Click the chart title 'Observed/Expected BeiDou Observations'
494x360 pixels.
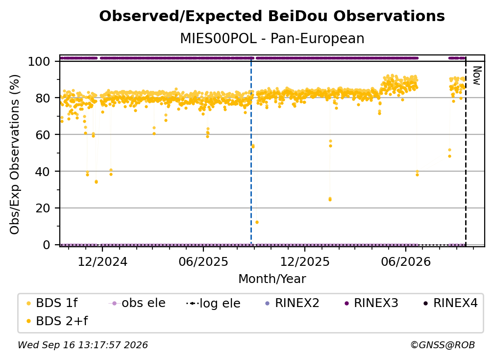[x=272, y=16]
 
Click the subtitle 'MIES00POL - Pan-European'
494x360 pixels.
[x=272, y=38]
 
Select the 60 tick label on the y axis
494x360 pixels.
[x=43, y=134]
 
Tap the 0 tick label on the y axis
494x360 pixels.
[x=47, y=245]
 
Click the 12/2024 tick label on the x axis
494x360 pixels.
[x=102, y=261]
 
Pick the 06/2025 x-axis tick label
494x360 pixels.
[x=203, y=261]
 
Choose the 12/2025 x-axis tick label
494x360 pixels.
[x=305, y=261]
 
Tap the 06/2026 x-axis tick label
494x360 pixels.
[x=406, y=261]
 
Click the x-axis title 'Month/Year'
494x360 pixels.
[x=272, y=279]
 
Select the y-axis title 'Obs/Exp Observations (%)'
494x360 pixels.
[x=15, y=154]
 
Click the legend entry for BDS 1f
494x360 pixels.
[x=52, y=303]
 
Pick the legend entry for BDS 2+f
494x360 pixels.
[x=57, y=321]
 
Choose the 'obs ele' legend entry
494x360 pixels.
[x=137, y=303]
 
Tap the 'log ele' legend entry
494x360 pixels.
[x=213, y=303]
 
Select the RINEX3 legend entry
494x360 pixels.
[x=371, y=303]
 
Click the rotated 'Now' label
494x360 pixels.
[x=477, y=76]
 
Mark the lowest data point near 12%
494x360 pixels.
[x=257, y=222]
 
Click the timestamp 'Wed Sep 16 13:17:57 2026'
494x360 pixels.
[x=82, y=345]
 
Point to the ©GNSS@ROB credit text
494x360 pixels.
[x=443, y=345]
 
